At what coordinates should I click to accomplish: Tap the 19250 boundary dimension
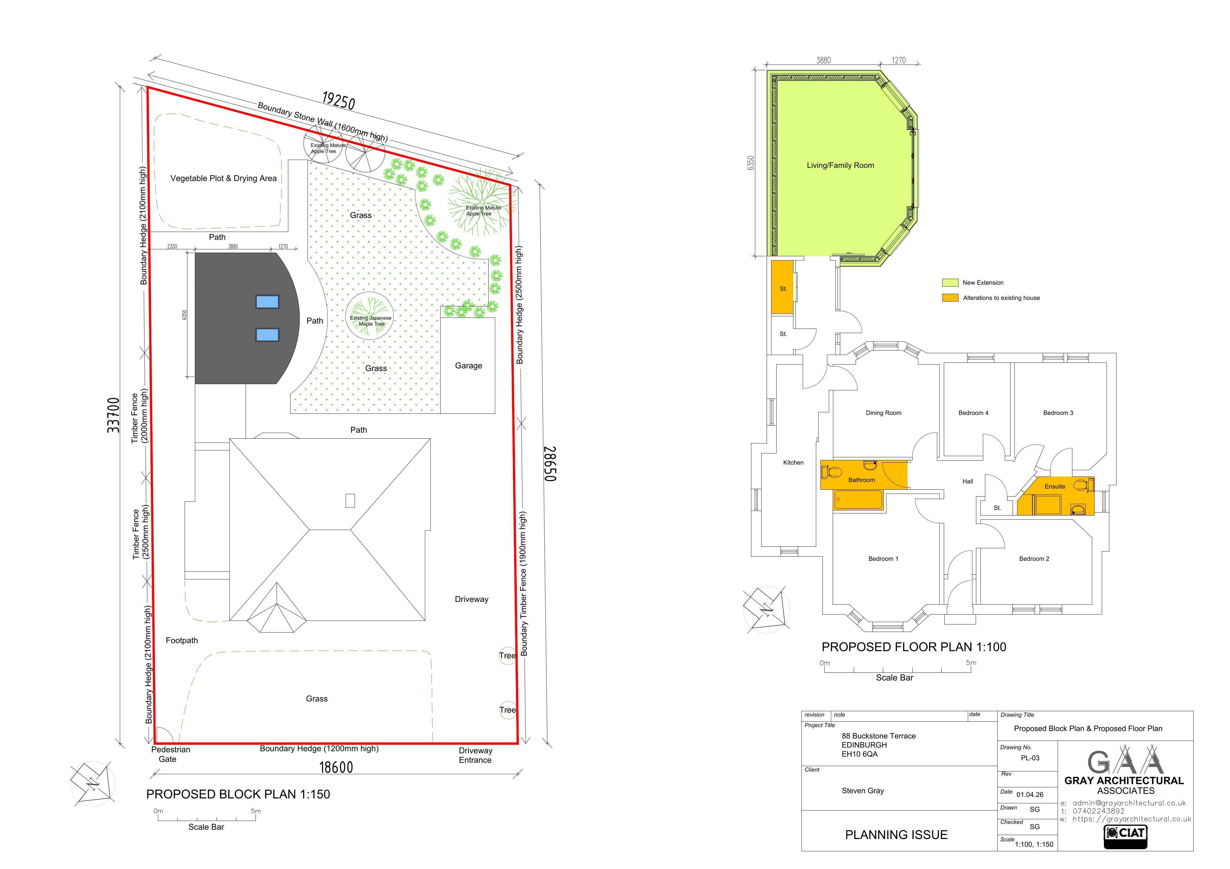pyautogui.click(x=338, y=100)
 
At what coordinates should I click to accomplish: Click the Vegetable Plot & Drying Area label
pyautogui.click(x=223, y=178)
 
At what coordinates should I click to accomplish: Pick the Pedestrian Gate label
pyautogui.click(x=170, y=754)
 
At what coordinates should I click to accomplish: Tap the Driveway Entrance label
pyautogui.click(x=475, y=755)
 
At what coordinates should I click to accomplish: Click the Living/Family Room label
pyautogui.click(x=840, y=165)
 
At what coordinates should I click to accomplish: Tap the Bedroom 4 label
pyautogui.click(x=973, y=413)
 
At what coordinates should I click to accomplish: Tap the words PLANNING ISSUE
pyautogui.click(x=896, y=835)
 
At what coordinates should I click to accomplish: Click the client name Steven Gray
pyautogui.click(x=862, y=791)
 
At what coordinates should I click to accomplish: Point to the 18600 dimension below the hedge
pyautogui.click(x=336, y=767)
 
